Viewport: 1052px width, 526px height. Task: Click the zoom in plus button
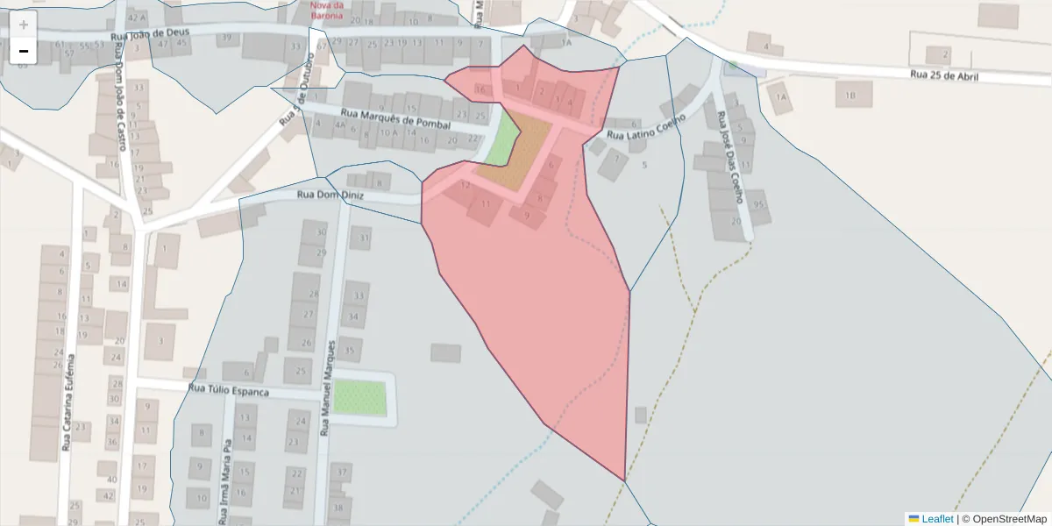[x=24, y=25]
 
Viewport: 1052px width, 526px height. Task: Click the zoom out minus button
[x=24, y=51]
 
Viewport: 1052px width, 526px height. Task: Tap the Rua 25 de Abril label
[x=943, y=75]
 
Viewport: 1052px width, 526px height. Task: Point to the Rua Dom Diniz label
[x=329, y=195]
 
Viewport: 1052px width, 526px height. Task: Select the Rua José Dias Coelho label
[x=730, y=158]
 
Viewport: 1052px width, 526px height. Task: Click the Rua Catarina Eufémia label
[x=67, y=403]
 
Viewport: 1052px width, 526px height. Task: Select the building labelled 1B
[x=849, y=94]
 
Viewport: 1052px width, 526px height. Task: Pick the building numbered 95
[x=758, y=204]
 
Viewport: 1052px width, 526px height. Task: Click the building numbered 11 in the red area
[x=484, y=205]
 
